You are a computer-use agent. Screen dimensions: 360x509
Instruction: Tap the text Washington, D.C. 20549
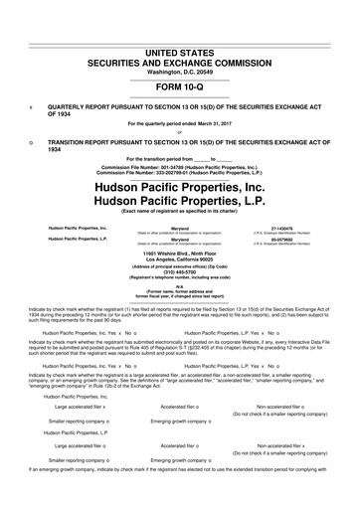[x=179, y=42]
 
